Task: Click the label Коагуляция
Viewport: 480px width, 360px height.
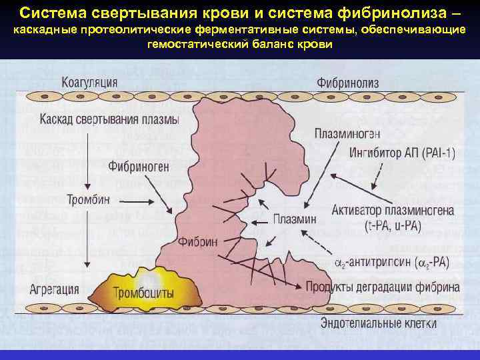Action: (x=89, y=83)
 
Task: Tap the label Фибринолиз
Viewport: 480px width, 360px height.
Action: (x=347, y=83)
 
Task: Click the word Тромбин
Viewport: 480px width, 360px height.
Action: (x=88, y=199)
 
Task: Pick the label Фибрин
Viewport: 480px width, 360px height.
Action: (x=198, y=243)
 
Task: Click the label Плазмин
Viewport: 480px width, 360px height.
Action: (x=295, y=219)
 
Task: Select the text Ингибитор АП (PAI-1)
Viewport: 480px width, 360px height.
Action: (x=402, y=154)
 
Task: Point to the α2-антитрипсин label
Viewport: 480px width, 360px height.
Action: (x=391, y=263)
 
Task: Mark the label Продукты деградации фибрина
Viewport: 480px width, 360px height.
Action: (x=383, y=288)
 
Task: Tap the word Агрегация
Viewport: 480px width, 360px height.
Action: (x=55, y=289)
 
